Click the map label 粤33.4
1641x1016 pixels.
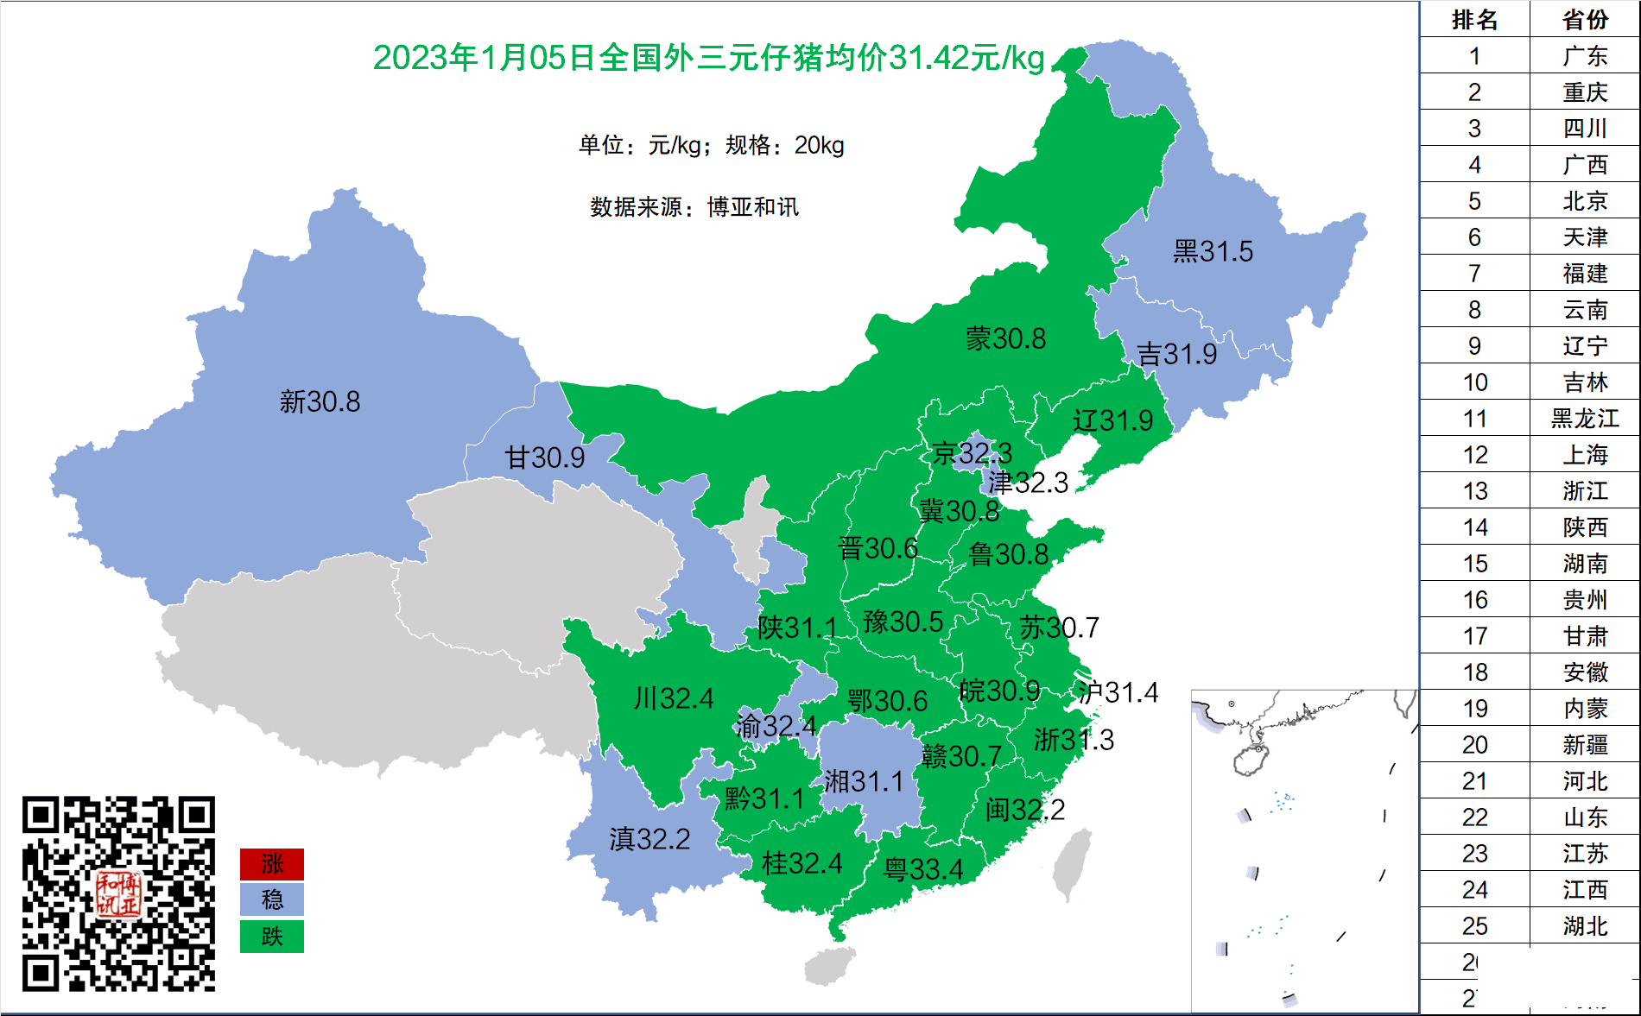point(922,869)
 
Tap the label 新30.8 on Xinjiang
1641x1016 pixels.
point(320,401)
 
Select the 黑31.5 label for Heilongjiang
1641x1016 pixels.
point(1213,251)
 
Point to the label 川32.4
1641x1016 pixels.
point(673,697)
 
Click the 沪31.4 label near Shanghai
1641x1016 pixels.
point(1118,692)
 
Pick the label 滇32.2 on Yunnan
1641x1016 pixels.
point(649,839)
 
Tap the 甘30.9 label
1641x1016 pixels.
point(544,458)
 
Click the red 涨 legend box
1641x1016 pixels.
point(272,864)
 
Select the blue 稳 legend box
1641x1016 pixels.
point(272,900)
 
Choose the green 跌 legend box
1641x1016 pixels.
point(272,937)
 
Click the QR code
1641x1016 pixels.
point(118,893)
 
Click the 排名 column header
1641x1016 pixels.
point(1474,19)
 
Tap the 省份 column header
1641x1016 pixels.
point(1585,19)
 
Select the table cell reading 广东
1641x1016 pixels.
point(1585,56)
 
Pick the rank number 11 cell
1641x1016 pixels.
point(1474,419)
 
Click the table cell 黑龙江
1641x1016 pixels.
point(1585,419)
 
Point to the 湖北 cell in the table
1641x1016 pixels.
point(1585,926)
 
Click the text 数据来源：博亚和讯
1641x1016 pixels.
point(694,207)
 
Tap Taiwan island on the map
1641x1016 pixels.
point(1072,863)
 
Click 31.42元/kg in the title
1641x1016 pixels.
point(966,58)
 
